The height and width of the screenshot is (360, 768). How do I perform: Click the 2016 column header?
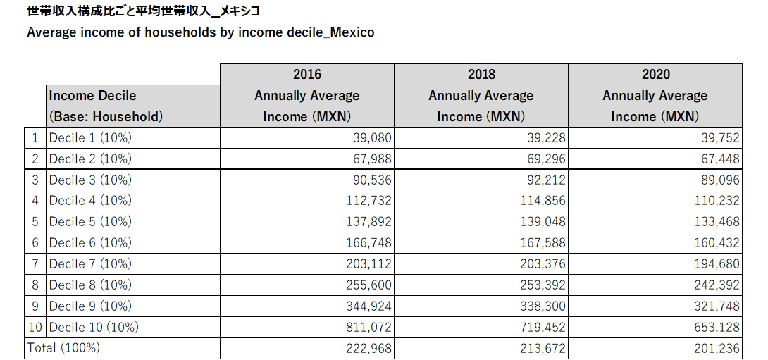point(306,74)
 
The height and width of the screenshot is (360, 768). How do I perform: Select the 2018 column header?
point(481,74)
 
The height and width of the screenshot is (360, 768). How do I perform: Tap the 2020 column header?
point(655,74)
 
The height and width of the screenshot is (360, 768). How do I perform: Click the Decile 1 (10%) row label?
point(90,138)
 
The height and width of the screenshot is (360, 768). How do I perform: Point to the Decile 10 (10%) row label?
point(94,327)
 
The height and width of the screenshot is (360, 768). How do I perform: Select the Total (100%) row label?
point(63,348)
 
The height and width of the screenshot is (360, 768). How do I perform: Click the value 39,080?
point(372,138)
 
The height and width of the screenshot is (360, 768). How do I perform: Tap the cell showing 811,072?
point(368,327)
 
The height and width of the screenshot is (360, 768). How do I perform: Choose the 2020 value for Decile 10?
point(717,327)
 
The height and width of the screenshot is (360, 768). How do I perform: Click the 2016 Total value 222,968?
point(368,348)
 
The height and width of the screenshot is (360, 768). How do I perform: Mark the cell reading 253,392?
point(543,285)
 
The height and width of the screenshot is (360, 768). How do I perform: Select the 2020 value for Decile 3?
point(720,180)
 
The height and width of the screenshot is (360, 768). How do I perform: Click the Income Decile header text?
point(92,96)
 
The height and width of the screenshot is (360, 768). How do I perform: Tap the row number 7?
point(35,263)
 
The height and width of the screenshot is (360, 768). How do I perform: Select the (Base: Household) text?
point(106,117)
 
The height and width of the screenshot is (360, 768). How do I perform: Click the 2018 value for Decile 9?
point(543,306)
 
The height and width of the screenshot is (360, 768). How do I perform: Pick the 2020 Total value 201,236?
point(717,348)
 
